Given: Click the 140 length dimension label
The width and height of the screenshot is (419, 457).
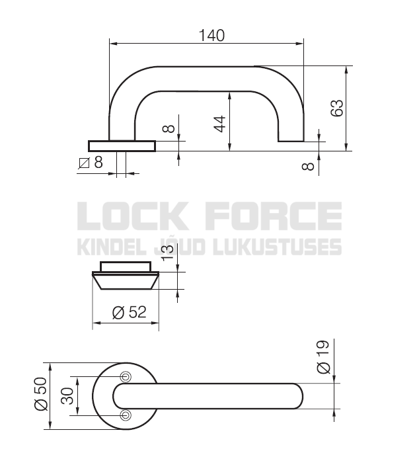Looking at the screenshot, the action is tap(211, 35).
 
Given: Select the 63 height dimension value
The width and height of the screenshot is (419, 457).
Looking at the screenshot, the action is tap(337, 108).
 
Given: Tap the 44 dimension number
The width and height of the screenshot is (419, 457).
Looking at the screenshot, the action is tap(220, 124).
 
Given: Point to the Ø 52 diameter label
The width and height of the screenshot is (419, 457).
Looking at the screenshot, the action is tap(129, 312).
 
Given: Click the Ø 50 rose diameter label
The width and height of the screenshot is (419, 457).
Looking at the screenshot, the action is tap(41, 394).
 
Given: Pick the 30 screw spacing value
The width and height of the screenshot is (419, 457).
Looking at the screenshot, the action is tap(67, 395).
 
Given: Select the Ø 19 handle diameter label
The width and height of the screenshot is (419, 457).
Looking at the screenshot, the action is tap(323, 356).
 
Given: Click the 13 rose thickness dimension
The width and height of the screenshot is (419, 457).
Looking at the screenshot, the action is tap(167, 253).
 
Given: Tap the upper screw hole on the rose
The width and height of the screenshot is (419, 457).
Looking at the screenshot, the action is tap(126, 376).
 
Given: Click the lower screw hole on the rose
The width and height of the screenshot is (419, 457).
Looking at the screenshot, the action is tap(126, 415).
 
